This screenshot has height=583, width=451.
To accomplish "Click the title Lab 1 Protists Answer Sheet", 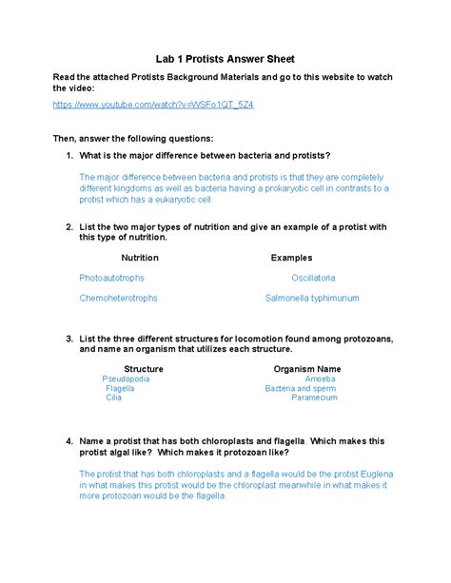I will click(x=225, y=59).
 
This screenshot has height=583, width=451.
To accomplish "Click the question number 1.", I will click(x=69, y=155).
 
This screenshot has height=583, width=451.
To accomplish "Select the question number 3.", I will click(x=69, y=339).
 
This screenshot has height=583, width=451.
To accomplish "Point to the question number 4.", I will click(x=69, y=441).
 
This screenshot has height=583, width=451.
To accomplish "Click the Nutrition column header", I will click(x=140, y=258).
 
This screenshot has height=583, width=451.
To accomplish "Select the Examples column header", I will click(x=291, y=258).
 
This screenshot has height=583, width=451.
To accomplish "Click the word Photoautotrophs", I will click(x=112, y=278).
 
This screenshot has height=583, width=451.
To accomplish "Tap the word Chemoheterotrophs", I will click(x=118, y=298).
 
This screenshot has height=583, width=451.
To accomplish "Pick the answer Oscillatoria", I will click(x=313, y=278).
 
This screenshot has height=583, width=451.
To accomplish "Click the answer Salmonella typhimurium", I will click(x=312, y=298).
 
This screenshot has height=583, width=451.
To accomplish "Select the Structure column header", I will click(x=144, y=369).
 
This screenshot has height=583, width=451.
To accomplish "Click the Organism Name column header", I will click(x=307, y=369).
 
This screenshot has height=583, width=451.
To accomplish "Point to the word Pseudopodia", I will click(x=126, y=379).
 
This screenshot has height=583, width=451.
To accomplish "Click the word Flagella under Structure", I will click(x=121, y=388).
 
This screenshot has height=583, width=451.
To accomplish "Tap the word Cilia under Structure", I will click(x=114, y=398).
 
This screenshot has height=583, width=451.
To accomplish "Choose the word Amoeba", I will click(x=320, y=379).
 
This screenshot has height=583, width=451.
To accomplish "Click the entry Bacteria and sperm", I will click(x=301, y=388).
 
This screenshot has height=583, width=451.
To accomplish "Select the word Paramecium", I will click(x=314, y=398).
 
